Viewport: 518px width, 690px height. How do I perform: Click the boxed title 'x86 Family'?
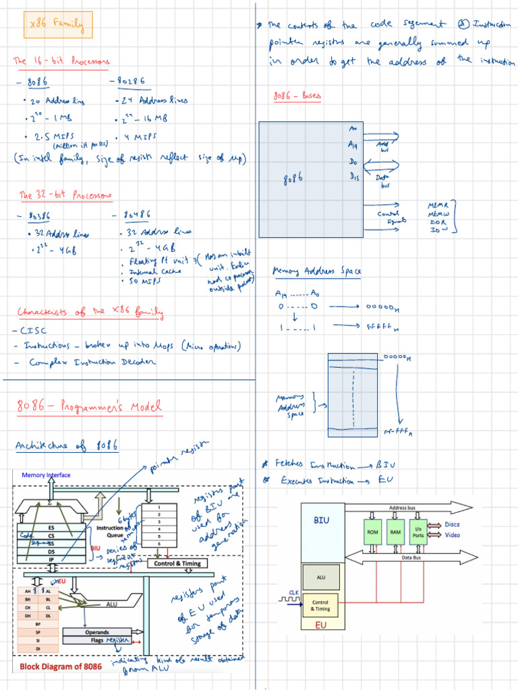57,26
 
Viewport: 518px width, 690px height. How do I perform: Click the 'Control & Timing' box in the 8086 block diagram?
177,563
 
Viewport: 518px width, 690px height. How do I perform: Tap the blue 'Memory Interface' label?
46,475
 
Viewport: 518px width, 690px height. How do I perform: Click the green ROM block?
372,532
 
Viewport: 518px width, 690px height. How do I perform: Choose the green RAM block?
395,532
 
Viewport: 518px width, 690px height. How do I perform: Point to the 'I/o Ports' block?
418,532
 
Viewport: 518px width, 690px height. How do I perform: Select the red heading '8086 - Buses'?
297,96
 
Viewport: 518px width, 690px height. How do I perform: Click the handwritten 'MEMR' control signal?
439,204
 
